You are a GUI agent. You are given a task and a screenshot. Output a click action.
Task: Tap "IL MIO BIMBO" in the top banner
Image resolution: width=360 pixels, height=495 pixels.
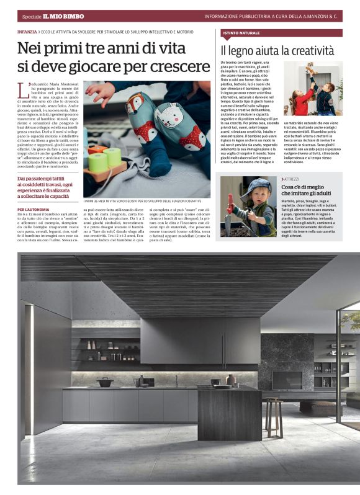point(63,16)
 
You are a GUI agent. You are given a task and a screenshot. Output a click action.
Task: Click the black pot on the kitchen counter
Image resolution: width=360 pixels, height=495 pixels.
point(105,382)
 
